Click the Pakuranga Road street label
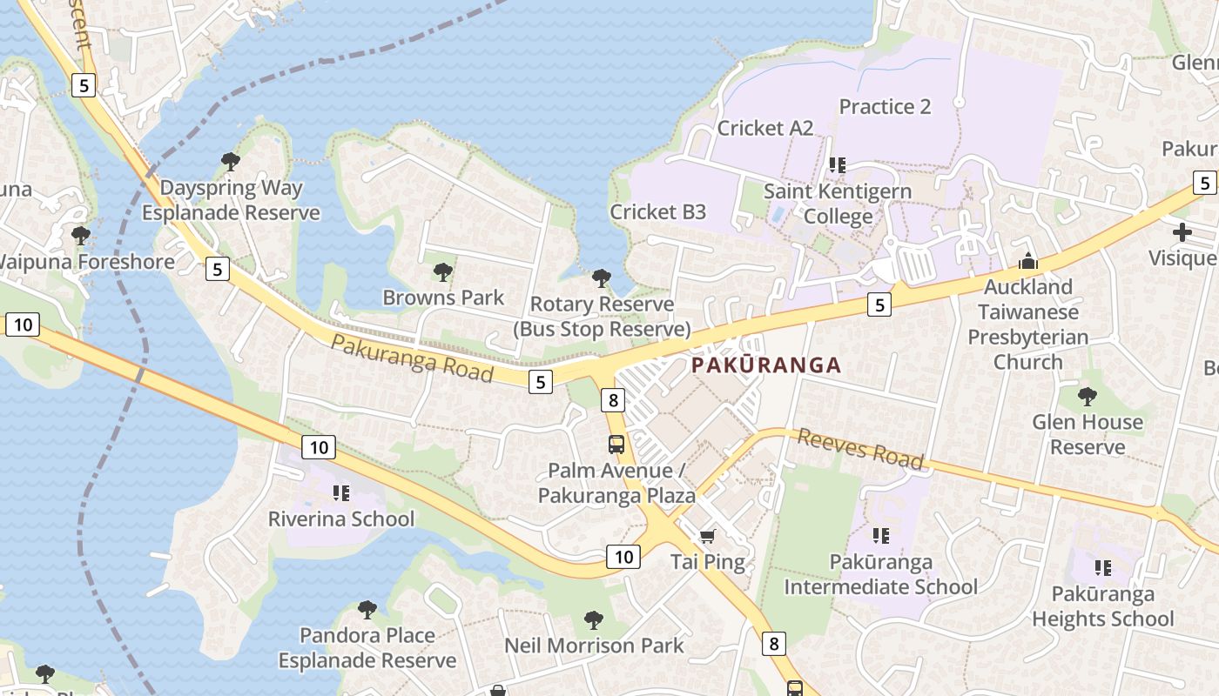pos(412,358)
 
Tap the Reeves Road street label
pos(860,449)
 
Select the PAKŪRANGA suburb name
pos(766,365)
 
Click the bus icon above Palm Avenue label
pos(616,445)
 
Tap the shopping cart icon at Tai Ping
pos(708,536)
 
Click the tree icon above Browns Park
pos(443,272)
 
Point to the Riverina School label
pos(341,519)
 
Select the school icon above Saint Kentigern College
pos(838,164)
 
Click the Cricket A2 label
pos(764,128)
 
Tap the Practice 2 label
pos(885,106)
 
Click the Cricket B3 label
pos(657,211)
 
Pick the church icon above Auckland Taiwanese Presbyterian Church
pos(1028,261)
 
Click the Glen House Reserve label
pos(1088,434)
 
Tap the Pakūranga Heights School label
pos(1103,606)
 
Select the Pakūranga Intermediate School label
pos(880,574)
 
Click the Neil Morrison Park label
pos(595,646)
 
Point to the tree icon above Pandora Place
pos(367,609)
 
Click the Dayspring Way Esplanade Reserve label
pos(232,200)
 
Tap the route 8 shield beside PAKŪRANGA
pos(614,399)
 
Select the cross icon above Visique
pos(1182,232)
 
